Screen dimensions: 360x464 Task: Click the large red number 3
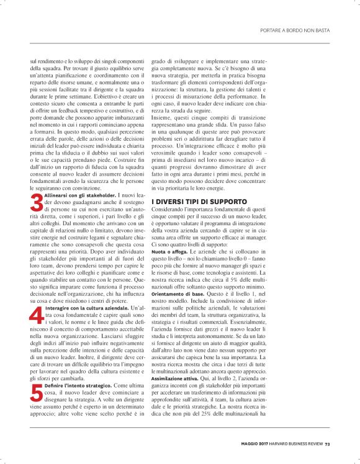coord(37,203)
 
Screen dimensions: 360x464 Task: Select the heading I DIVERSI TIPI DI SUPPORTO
coord(199,202)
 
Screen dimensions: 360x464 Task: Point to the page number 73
coord(327,443)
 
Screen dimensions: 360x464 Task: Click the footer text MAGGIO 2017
coord(254,443)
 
